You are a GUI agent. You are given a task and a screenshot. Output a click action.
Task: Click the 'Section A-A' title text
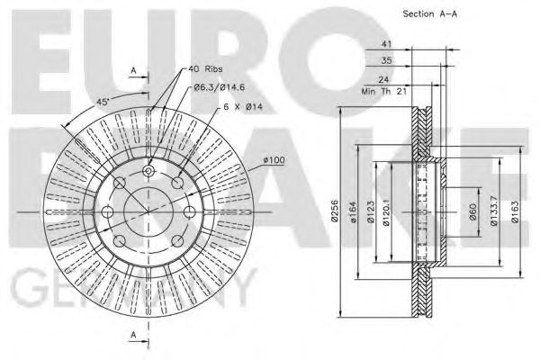point(430,14)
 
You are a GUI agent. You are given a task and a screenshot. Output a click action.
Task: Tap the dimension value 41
point(386,44)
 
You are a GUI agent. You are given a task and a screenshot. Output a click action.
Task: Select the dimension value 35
point(386,60)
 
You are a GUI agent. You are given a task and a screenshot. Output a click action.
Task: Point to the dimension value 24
point(383,79)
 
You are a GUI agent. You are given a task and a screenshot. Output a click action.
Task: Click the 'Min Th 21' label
point(384,91)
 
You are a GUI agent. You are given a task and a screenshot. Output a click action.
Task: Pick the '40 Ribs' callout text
point(205,69)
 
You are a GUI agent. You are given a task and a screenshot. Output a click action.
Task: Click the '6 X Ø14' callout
point(243,107)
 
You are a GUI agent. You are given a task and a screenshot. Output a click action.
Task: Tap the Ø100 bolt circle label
point(274,160)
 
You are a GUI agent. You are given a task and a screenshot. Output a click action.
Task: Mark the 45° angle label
point(102,102)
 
